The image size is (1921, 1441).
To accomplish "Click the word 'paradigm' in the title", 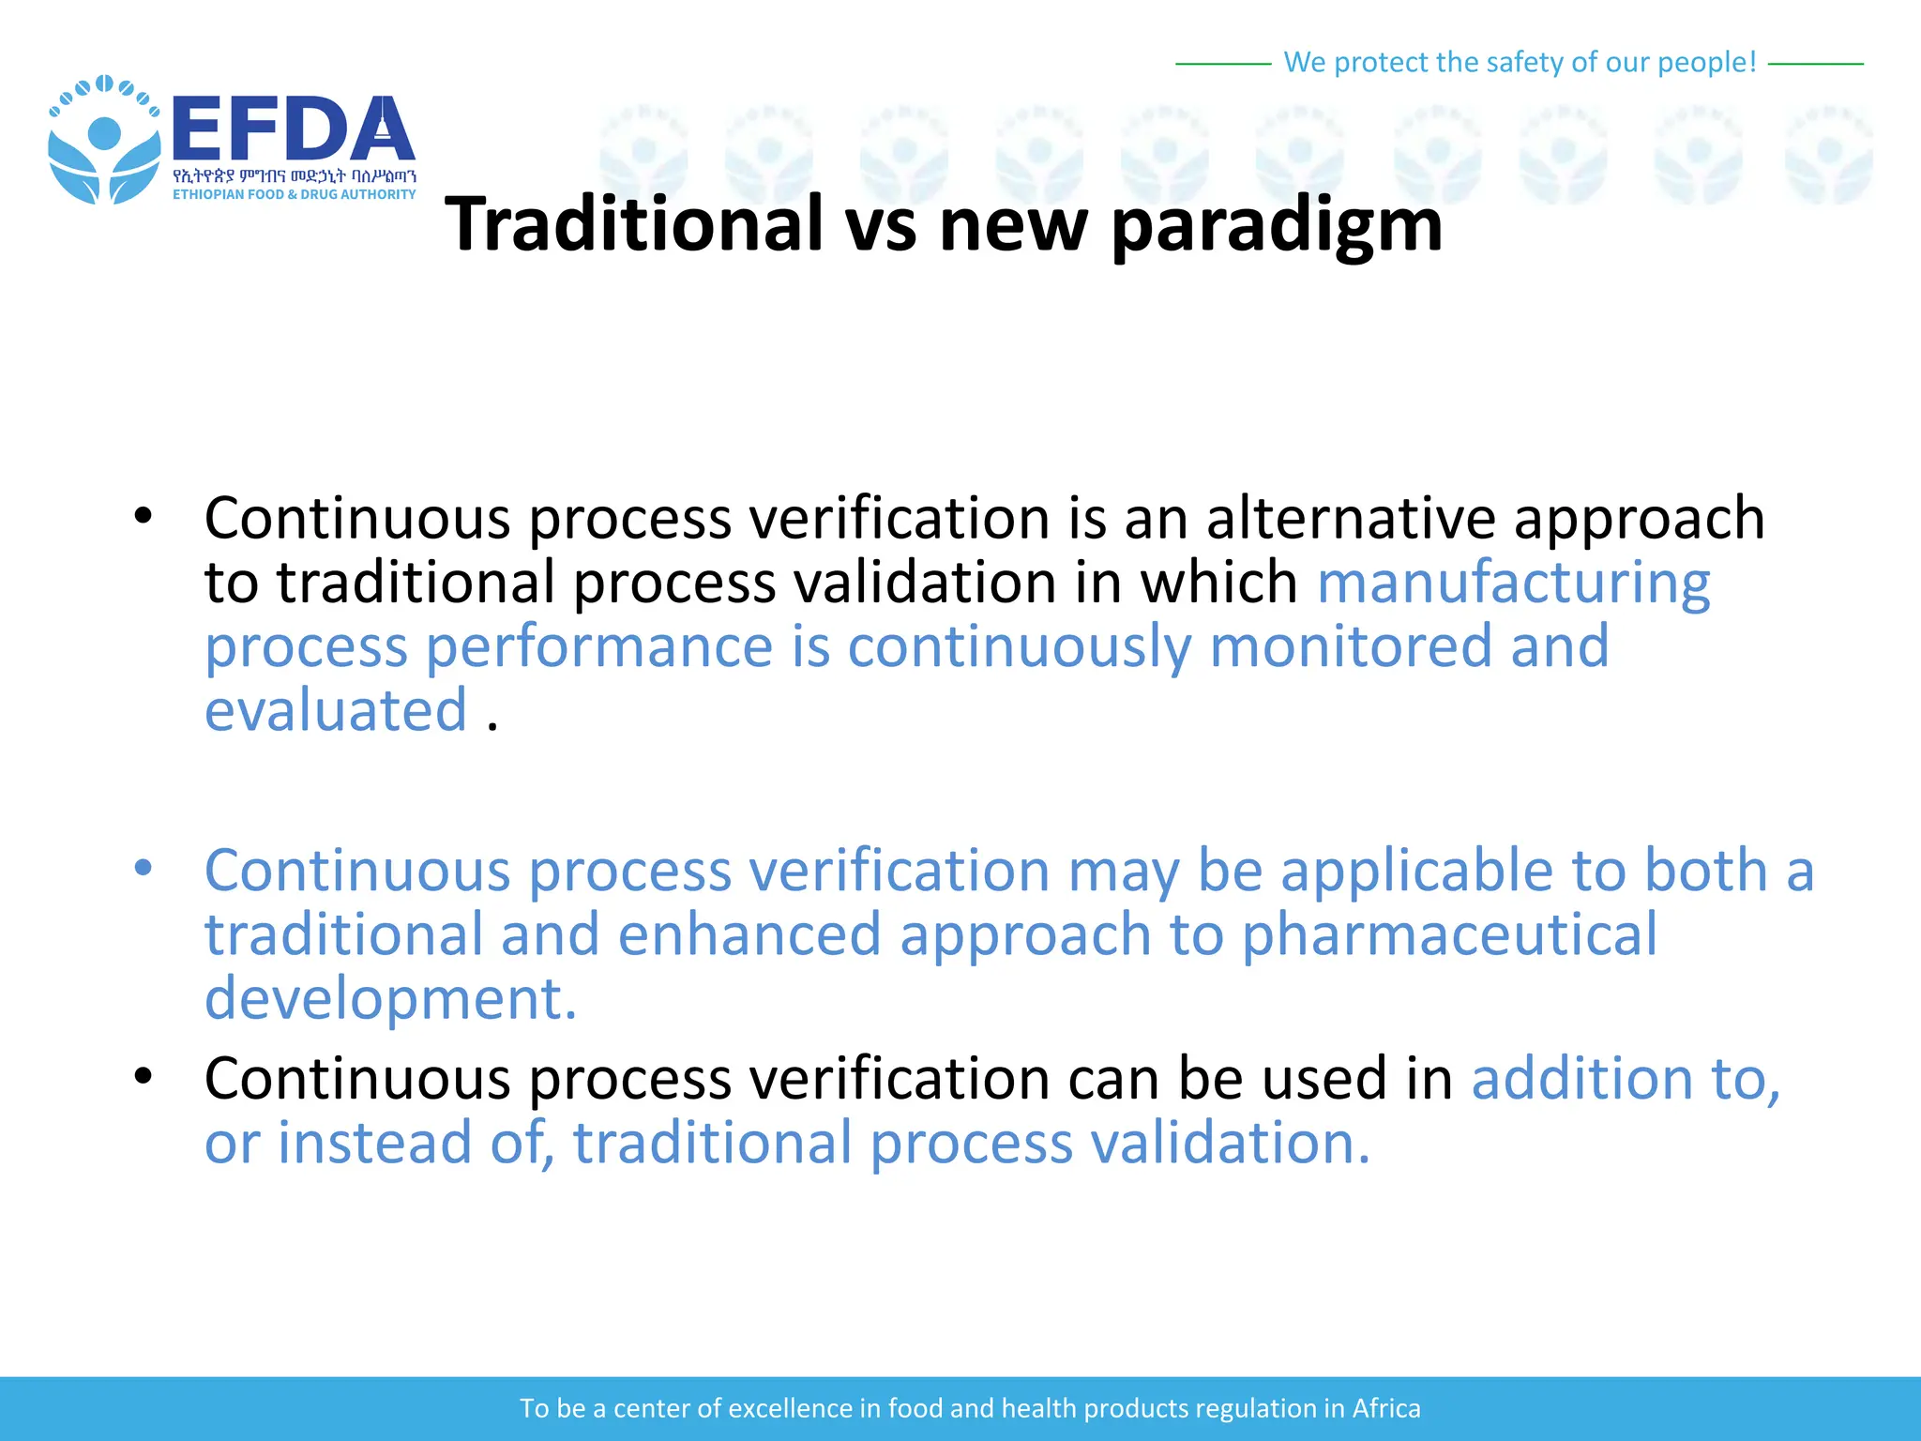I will coord(1276,225).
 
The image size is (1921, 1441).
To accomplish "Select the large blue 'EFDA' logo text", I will coord(293,129).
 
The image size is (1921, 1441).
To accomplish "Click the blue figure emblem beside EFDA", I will coord(103,141).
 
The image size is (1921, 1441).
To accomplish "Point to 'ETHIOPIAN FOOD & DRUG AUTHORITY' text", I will coord(294,194).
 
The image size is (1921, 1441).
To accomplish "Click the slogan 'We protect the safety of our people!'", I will coord(1520,62).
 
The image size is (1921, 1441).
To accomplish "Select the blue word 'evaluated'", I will coord(335,710).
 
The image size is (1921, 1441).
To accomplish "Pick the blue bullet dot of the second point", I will coord(143,868).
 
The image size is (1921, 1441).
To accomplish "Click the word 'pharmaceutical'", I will coord(1449,934).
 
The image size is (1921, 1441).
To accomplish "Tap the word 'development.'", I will coord(390,998).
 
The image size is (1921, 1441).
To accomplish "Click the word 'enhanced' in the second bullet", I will coord(749,934).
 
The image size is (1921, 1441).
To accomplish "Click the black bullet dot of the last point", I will coord(143,1076).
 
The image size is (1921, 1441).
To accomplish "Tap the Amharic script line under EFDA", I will coord(294,175).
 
